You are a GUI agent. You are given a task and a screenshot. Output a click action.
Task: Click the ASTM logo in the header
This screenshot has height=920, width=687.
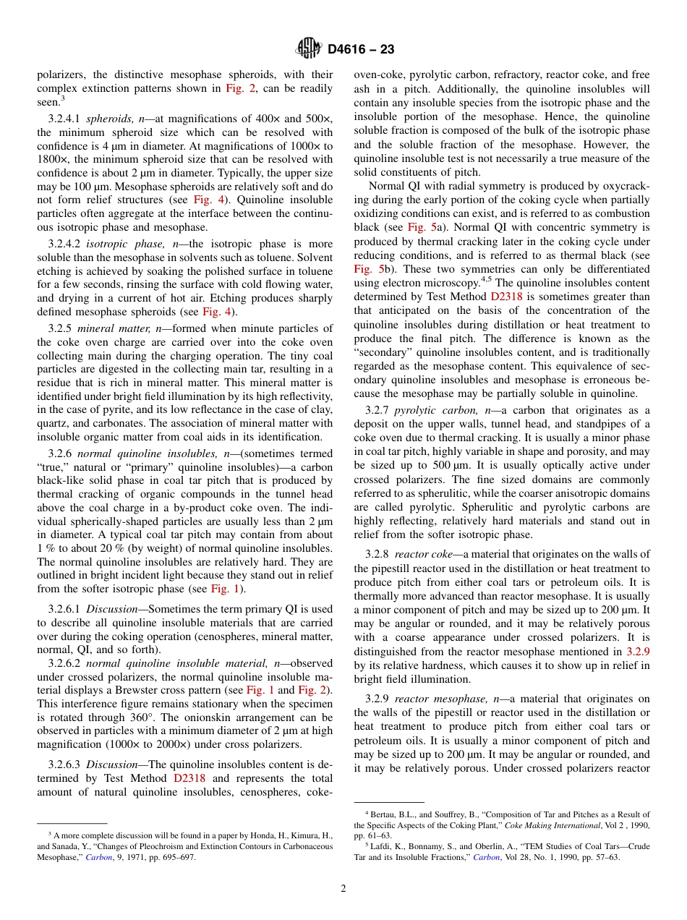309,48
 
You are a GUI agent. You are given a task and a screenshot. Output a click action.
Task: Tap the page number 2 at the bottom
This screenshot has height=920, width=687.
343,889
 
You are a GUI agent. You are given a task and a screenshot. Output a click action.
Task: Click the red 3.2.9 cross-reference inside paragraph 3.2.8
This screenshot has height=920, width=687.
638,652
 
